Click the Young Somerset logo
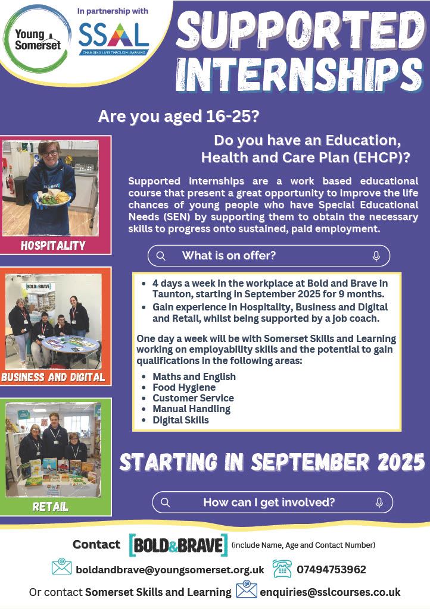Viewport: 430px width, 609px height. point(38,39)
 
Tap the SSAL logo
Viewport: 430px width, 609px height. point(114,39)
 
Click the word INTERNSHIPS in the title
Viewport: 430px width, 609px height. point(300,74)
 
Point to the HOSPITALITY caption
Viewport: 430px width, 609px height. point(53,246)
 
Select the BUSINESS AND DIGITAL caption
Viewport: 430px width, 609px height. point(53,377)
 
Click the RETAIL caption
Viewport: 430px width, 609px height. point(51,507)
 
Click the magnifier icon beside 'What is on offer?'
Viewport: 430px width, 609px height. point(161,256)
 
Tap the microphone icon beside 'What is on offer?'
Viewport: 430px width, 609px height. point(376,256)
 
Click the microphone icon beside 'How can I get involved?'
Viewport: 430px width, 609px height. point(379,503)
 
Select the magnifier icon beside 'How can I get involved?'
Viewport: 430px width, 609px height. point(165,503)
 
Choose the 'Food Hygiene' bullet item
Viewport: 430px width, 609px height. point(184,387)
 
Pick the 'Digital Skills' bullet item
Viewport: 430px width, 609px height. point(181,420)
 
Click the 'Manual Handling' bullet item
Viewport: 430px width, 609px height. point(191,409)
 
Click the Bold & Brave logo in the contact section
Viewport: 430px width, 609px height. point(178,545)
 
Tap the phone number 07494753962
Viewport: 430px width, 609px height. point(331,570)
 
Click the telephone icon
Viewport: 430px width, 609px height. point(282,569)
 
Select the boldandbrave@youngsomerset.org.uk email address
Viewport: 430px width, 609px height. point(170,570)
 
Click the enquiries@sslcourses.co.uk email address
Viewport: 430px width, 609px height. point(330,592)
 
